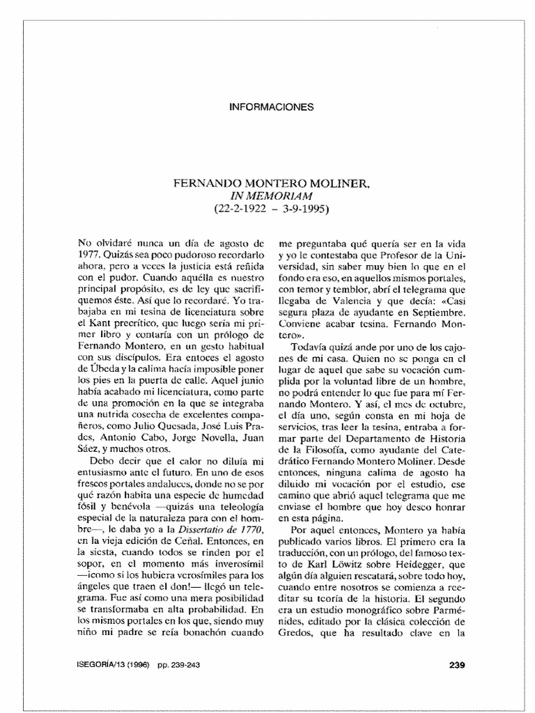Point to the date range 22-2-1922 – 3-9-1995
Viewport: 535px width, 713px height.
coord(272,208)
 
